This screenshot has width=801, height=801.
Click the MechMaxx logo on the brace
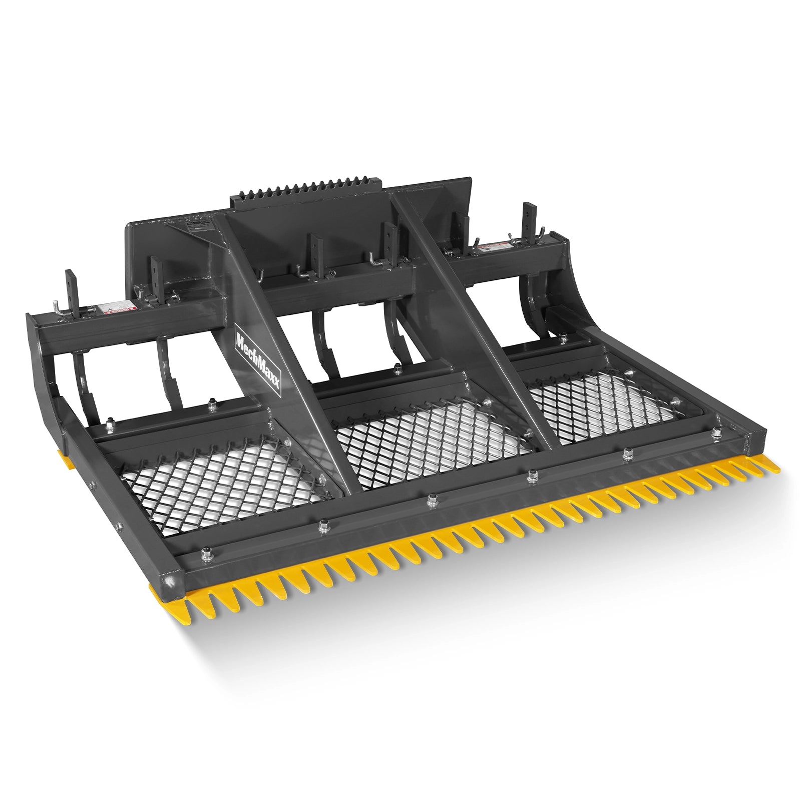coord(258,355)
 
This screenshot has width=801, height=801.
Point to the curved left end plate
coord(48,380)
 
